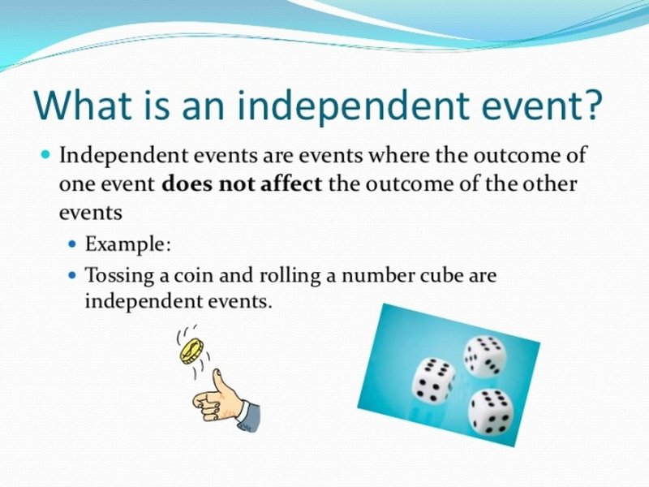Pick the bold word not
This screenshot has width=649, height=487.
[235, 183]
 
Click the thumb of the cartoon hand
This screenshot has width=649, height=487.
[218, 381]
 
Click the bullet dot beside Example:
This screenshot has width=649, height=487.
[73, 244]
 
